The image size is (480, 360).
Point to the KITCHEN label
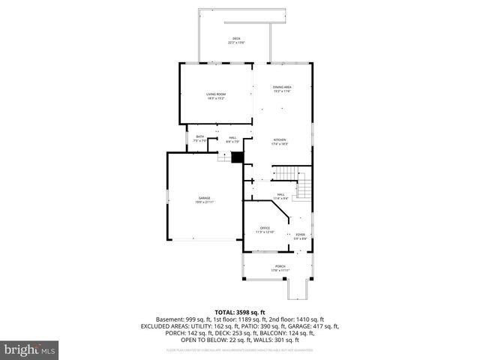(280, 141)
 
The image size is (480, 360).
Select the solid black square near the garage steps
(237, 157)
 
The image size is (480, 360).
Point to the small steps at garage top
(223, 157)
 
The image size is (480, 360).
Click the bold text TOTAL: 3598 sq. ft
(240, 312)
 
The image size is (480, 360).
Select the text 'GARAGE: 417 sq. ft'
(315, 325)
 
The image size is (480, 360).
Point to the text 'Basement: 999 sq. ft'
(181, 319)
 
